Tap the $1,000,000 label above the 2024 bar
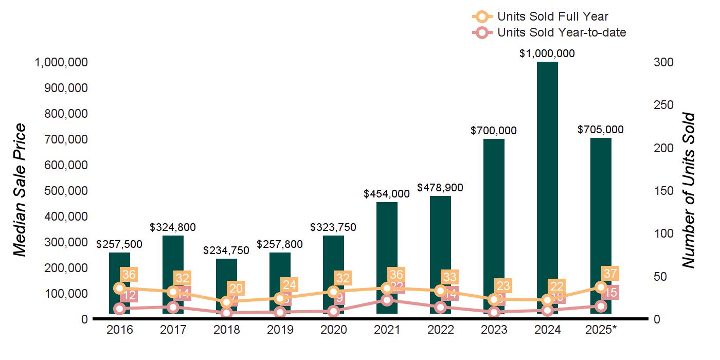pyautogui.click(x=547, y=53)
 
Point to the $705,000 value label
pyautogui.click(x=601, y=130)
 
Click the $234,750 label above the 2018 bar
pyautogui.click(x=226, y=250)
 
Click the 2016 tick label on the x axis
pyautogui.click(x=119, y=330)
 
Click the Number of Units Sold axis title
pyautogui.click(x=689, y=190)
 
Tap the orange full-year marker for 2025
pyautogui.click(x=601, y=287)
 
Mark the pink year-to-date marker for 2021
pyautogui.click(x=387, y=300)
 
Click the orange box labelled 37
pyautogui.click(x=610, y=274)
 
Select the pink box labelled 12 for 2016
pyautogui.click(x=129, y=295)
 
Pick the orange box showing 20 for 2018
pyautogui.click(x=236, y=288)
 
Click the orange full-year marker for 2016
pyautogui.click(x=119, y=288)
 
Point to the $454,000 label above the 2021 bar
pyautogui.click(x=387, y=194)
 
